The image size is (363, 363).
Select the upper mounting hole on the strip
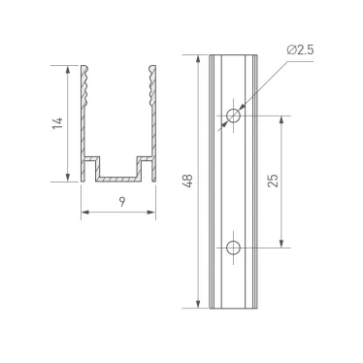point(233,116)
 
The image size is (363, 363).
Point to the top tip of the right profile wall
point(152,67)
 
